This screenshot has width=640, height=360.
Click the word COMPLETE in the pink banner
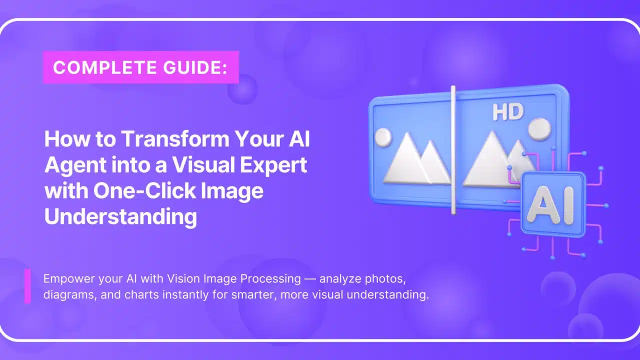[105, 67]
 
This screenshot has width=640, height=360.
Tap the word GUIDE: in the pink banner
[195, 67]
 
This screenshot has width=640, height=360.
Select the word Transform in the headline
[175, 139]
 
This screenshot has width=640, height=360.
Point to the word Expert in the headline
[273, 165]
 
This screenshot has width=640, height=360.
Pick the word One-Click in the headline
[144, 191]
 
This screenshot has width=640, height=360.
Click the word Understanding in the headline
[120, 217]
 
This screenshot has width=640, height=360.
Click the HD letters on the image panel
[508, 112]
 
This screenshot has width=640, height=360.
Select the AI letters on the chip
[550, 205]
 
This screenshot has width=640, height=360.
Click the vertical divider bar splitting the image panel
[453, 150]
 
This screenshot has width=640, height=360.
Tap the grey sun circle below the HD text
[539, 129]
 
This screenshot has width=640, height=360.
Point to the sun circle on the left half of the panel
[383, 137]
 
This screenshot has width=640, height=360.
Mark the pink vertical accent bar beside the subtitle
[27, 286]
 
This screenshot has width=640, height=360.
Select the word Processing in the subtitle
[270, 279]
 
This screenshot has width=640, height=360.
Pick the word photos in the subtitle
[385, 279]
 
